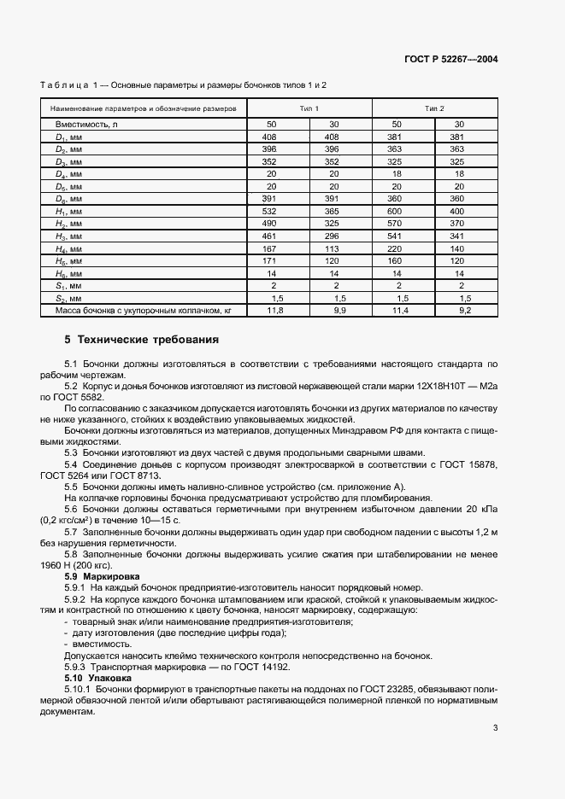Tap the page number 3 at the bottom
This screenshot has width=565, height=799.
point(495,728)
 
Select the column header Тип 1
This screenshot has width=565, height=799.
point(309,109)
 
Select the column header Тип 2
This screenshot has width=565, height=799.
point(435,109)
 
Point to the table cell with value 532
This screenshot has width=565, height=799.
point(269,211)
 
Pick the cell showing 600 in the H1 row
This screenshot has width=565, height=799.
point(396,211)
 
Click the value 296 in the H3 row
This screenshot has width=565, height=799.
point(333,236)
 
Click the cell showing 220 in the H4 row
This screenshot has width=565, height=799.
point(396,248)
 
